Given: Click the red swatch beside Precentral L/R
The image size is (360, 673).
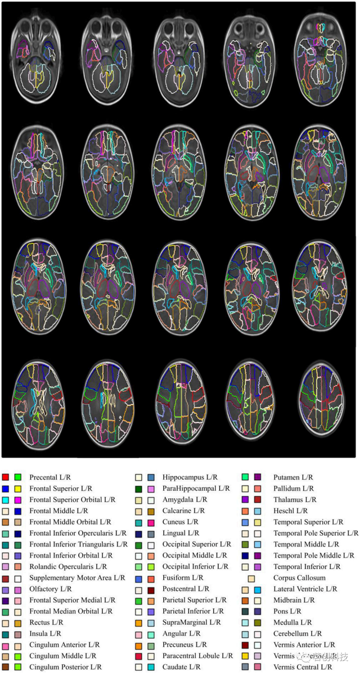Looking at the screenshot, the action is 6,477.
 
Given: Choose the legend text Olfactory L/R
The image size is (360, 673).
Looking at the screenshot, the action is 51,589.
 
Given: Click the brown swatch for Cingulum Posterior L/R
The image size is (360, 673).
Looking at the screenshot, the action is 6,667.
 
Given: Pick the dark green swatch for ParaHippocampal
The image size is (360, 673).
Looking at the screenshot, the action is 138,489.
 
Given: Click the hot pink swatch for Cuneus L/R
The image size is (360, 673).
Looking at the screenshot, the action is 151,522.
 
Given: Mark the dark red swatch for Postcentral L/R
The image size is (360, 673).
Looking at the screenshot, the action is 151,589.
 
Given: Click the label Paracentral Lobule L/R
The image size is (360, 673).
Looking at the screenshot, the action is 197,656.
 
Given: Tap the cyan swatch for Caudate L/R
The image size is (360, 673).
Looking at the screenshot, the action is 151,667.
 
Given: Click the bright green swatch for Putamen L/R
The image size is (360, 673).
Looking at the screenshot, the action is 245,477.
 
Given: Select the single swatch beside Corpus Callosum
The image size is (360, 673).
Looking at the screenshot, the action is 251,578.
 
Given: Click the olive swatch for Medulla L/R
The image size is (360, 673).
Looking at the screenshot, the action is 258,622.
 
